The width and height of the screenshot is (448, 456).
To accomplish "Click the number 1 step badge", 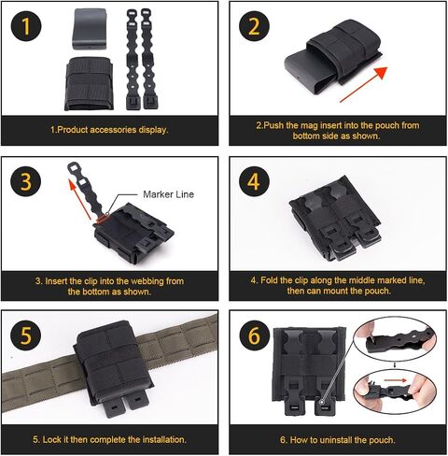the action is (26, 26).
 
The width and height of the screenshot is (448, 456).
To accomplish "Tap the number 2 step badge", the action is (254, 26).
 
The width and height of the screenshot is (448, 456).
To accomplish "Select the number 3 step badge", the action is (26, 181).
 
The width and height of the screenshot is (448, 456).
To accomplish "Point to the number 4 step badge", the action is (254, 181).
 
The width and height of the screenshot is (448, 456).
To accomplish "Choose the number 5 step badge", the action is (26, 335).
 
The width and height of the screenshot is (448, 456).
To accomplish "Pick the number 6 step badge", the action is (254, 335).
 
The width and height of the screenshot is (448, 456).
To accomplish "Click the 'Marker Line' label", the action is (168, 194).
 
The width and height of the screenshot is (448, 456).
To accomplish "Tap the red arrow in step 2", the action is (363, 84).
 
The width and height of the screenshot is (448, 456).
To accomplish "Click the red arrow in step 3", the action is (80, 201).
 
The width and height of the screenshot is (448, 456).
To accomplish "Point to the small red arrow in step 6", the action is (395, 380).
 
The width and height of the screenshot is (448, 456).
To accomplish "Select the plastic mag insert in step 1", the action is (90, 29).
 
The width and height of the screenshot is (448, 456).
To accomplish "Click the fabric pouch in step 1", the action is (90, 83).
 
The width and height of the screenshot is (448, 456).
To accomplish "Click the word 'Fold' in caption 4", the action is (269, 280).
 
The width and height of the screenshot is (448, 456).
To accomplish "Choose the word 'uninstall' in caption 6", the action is (336, 440).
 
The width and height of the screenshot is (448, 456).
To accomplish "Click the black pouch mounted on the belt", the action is (113, 367).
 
